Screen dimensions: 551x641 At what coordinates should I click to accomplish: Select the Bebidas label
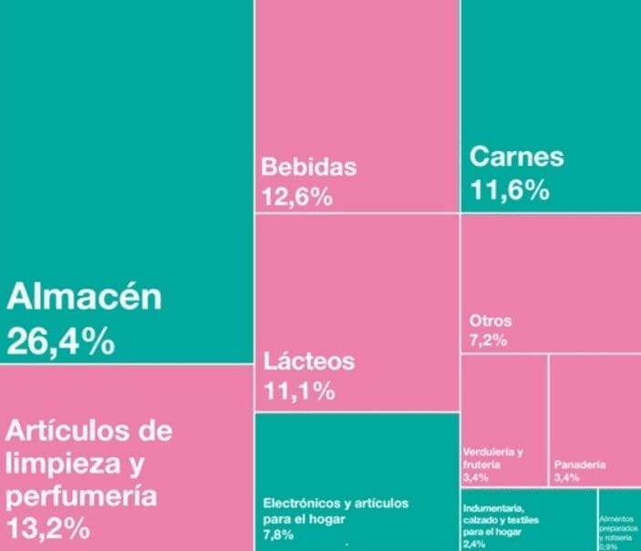[308, 167]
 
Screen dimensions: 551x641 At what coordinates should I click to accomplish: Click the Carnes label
[516, 157]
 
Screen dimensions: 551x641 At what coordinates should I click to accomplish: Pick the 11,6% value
[510, 189]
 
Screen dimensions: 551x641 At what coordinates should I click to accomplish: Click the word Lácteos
[308, 361]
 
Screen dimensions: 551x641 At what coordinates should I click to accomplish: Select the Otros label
[491, 321]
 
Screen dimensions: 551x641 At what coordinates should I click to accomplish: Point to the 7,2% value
[487, 341]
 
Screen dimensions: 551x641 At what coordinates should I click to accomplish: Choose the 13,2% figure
[47, 528]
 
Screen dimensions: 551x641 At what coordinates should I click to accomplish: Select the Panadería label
[579, 464]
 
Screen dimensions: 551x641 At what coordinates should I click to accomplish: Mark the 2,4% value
[474, 544]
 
